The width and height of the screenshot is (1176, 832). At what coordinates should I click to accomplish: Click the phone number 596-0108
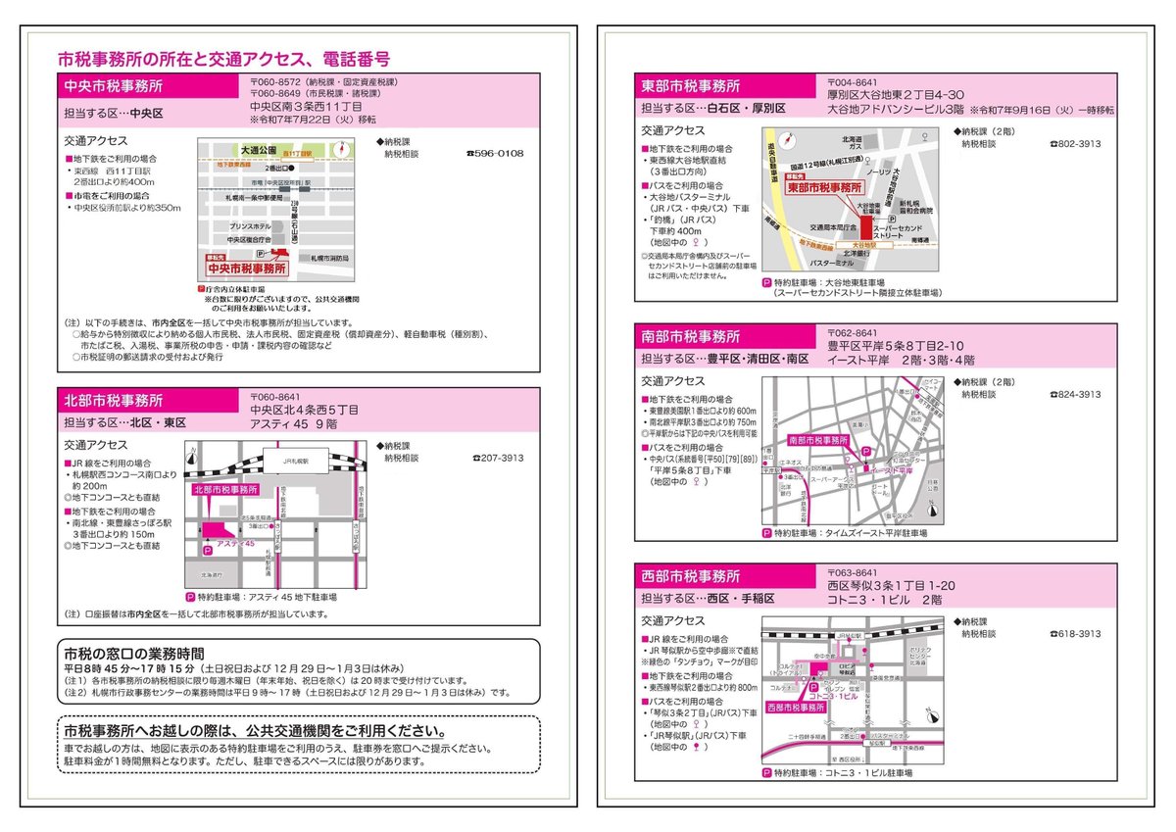click(497, 154)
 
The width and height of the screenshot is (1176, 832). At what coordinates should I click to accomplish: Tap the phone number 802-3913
click(1077, 144)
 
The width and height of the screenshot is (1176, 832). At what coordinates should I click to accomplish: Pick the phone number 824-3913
click(1077, 394)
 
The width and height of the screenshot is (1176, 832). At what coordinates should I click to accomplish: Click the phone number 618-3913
click(1077, 634)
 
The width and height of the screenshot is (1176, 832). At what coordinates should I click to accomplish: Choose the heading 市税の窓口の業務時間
click(134, 652)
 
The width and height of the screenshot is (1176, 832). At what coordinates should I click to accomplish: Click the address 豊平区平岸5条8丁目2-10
click(896, 346)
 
